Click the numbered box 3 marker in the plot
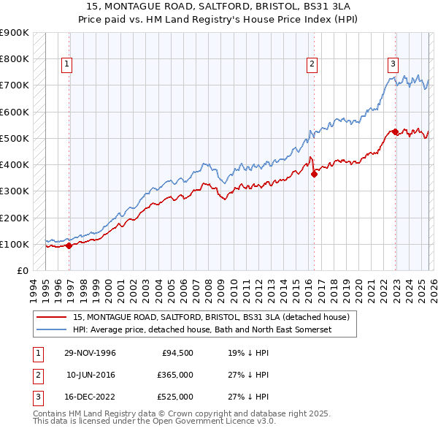click(393, 64)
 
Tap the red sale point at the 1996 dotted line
click(69, 245)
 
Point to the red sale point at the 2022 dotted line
click(395, 131)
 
